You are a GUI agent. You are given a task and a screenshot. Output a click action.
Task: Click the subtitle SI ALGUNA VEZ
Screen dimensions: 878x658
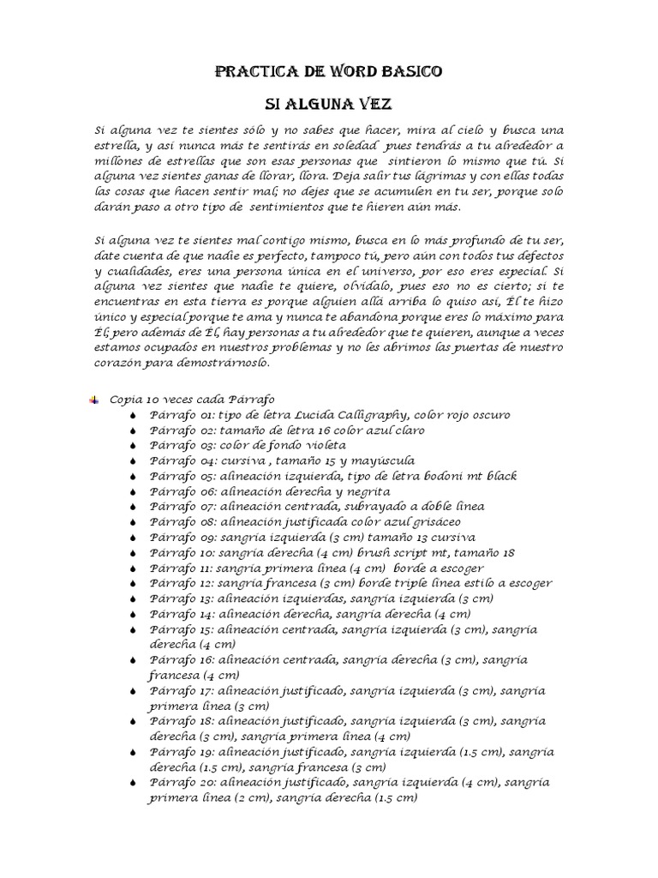click(328, 105)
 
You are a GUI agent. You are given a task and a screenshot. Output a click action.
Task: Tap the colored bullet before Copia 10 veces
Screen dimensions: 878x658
click(93, 400)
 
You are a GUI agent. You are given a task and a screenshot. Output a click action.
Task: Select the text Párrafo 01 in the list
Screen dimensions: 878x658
click(176, 415)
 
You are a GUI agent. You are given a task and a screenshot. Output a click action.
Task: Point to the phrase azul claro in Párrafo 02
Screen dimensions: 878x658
click(396, 430)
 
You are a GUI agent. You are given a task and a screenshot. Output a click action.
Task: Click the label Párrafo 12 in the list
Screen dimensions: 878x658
click(176, 584)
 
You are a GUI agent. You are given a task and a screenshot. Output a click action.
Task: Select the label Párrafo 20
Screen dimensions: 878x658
click(176, 783)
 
